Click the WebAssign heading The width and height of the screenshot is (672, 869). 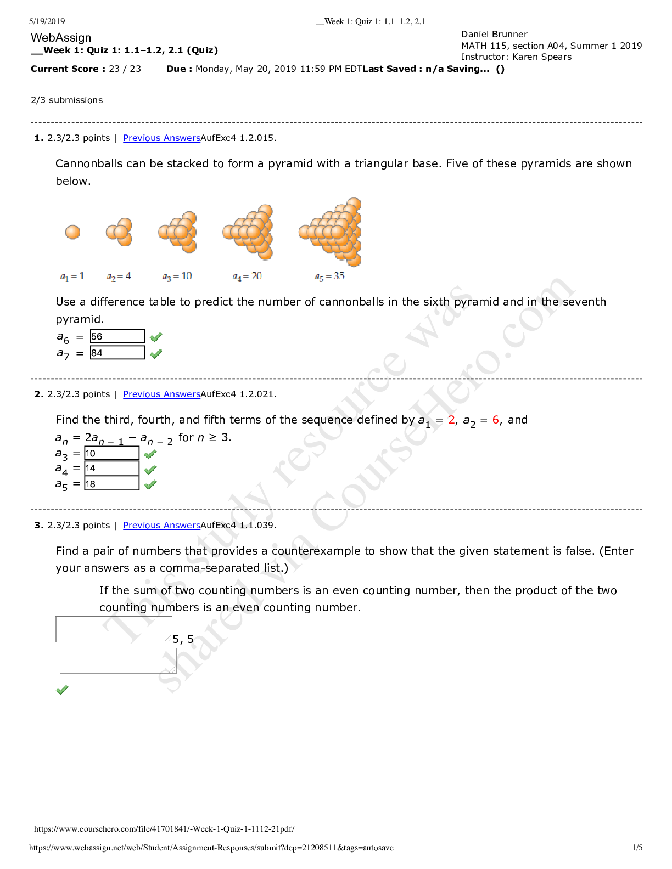coord(61,38)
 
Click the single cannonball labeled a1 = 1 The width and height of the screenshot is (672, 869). coord(72,232)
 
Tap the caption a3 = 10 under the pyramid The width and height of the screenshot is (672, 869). coord(177,276)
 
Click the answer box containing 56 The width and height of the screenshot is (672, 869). coord(117,336)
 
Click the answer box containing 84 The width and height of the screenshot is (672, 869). coord(117,353)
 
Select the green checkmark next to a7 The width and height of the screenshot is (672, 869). coord(156,354)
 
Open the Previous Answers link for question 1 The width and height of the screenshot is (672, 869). coord(161,138)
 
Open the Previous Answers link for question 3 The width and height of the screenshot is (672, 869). coord(161,526)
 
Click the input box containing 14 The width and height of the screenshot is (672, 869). coord(111,468)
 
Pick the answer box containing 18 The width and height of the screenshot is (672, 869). coord(111,483)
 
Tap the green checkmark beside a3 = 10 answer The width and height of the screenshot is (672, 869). coord(150,454)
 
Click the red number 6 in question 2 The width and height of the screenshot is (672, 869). coord(495,420)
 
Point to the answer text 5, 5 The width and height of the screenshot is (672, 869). coord(183,639)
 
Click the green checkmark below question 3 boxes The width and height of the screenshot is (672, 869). coord(63,690)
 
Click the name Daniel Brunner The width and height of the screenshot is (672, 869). coord(494,35)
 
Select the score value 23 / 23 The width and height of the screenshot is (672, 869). coord(125,69)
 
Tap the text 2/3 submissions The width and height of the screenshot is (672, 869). coord(67,100)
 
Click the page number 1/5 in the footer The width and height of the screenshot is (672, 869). coord(637,848)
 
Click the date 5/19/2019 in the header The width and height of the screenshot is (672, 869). coord(47,21)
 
